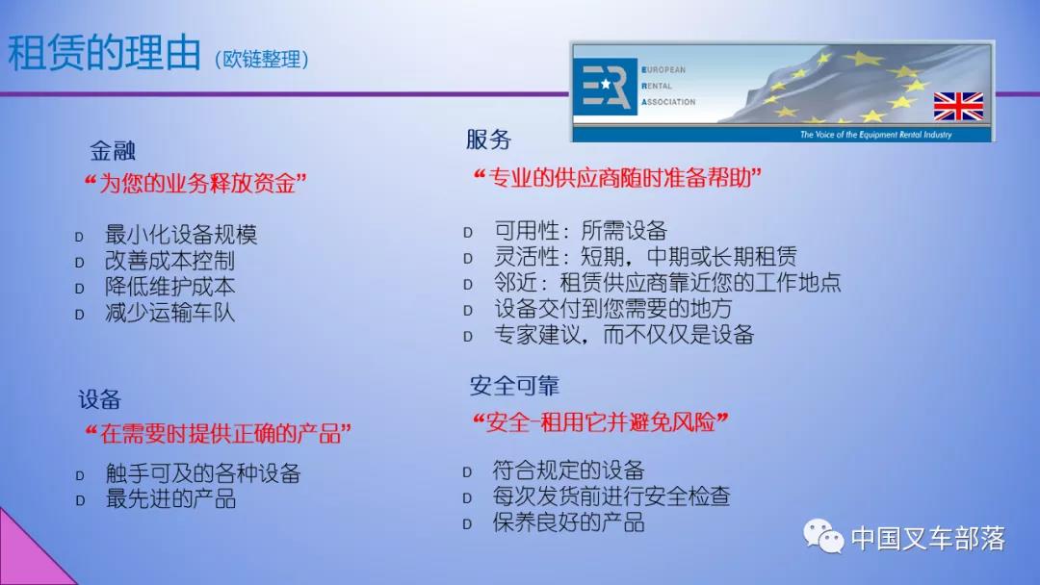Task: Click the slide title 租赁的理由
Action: coord(104,52)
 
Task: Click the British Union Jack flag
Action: coord(958,106)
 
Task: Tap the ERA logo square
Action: coord(604,87)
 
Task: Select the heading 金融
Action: coord(113,151)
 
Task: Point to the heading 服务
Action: coord(489,140)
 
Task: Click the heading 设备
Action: coord(99,399)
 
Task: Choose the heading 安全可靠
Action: coord(514,386)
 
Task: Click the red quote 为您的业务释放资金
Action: coord(195,183)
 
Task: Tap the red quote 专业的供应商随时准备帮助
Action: coord(617,178)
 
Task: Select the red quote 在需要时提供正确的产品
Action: coord(219,434)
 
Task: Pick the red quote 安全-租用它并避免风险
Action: coord(600,421)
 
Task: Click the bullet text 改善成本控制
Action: coord(169,261)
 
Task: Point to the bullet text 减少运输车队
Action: coord(169,312)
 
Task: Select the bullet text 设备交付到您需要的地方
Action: coord(612,308)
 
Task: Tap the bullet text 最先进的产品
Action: coord(170,498)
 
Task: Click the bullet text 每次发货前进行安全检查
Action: coord(611,496)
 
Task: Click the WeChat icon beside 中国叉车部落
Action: coord(823,536)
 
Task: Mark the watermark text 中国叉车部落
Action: coord(928,538)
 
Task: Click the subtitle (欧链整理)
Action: coord(262,59)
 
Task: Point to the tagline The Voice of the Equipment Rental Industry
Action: coord(875,135)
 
